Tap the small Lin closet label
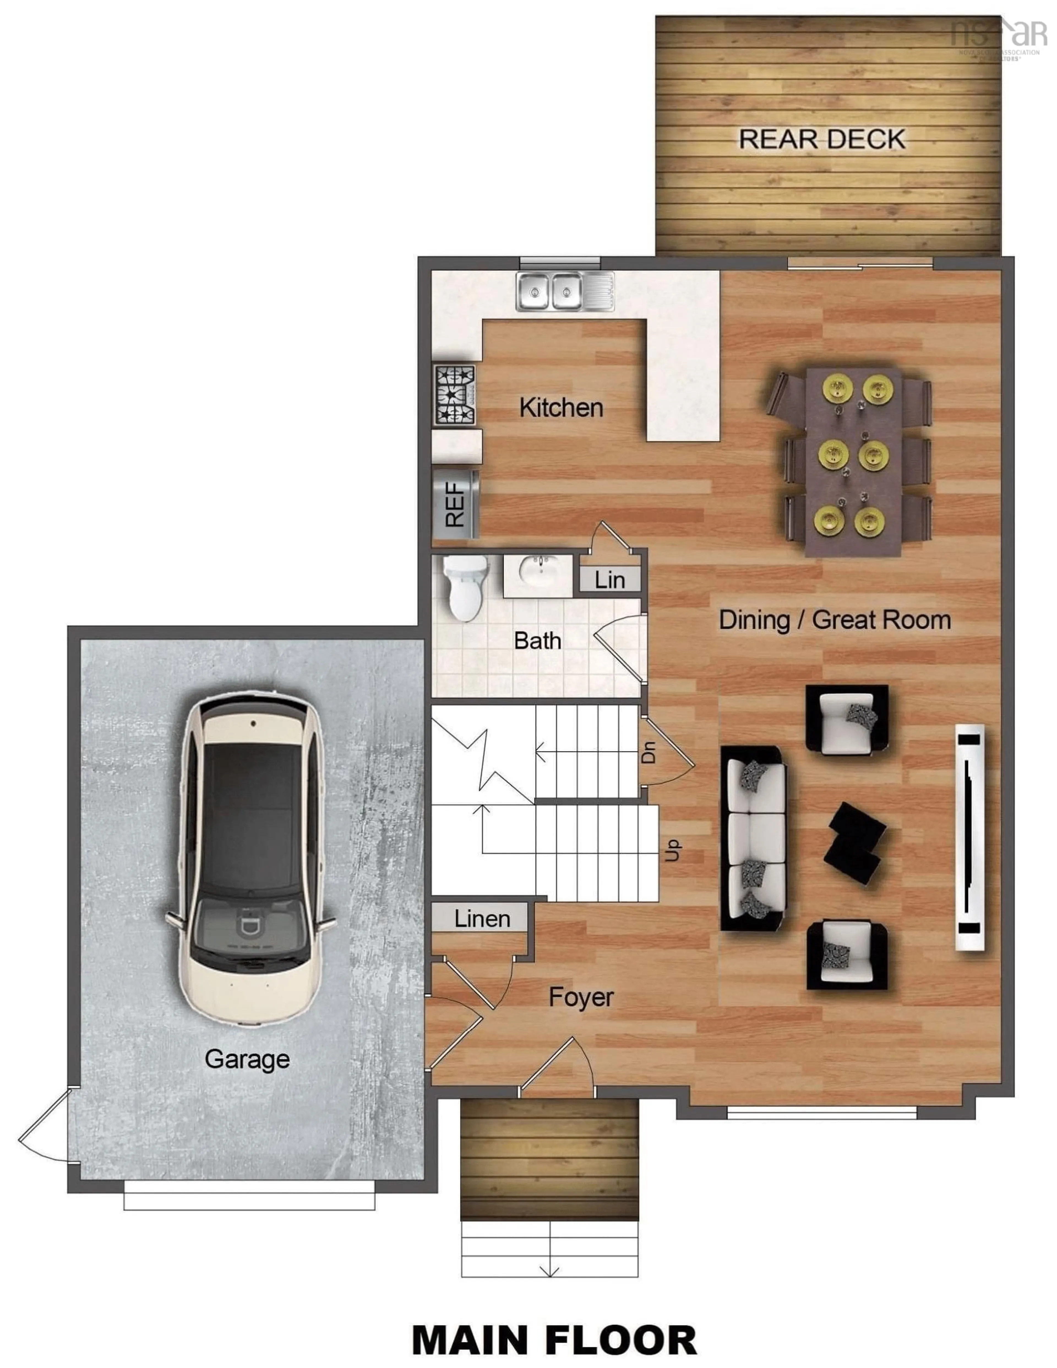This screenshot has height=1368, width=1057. (609, 580)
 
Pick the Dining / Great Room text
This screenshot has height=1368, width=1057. (834, 620)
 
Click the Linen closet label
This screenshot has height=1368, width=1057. (482, 919)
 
